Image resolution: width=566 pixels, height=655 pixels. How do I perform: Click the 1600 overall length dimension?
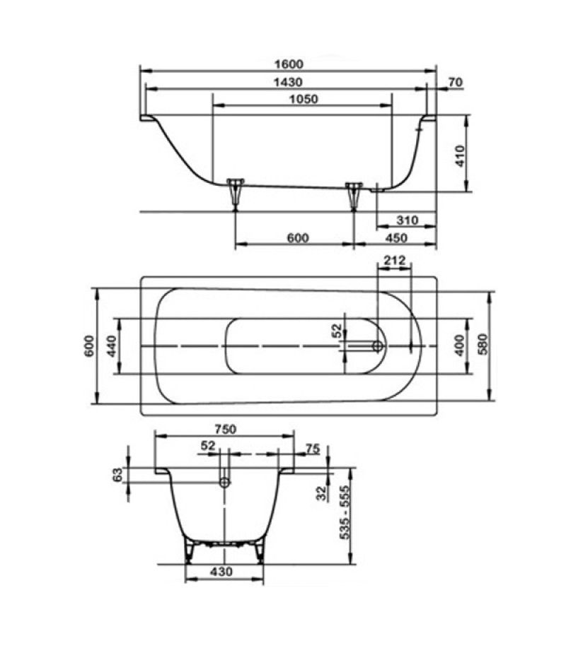(289, 64)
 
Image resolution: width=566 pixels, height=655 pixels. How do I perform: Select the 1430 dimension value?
(288, 82)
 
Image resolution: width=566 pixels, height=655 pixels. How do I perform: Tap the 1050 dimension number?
(304, 100)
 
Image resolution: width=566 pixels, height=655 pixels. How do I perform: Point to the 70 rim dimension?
(456, 82)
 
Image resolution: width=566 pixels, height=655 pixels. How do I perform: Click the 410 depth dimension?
(460, 156)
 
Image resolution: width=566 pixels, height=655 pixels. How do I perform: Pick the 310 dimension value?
(407, 220)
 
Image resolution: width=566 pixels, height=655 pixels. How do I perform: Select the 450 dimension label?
(395, 237)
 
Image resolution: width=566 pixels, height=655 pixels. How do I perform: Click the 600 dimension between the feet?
(298, 237)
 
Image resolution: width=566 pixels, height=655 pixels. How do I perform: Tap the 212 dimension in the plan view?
(395, 261)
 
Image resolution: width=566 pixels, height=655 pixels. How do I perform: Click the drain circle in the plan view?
(379, 346)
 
